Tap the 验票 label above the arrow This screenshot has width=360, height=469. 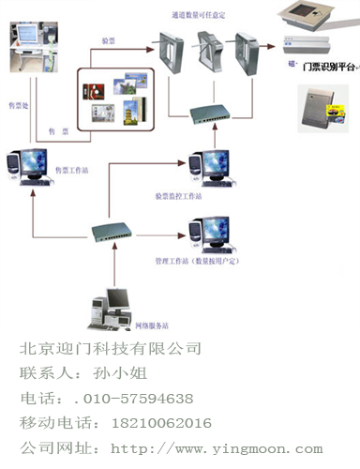click(x=110, y=41)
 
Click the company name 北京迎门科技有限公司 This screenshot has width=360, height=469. click(x=111, y=349)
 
